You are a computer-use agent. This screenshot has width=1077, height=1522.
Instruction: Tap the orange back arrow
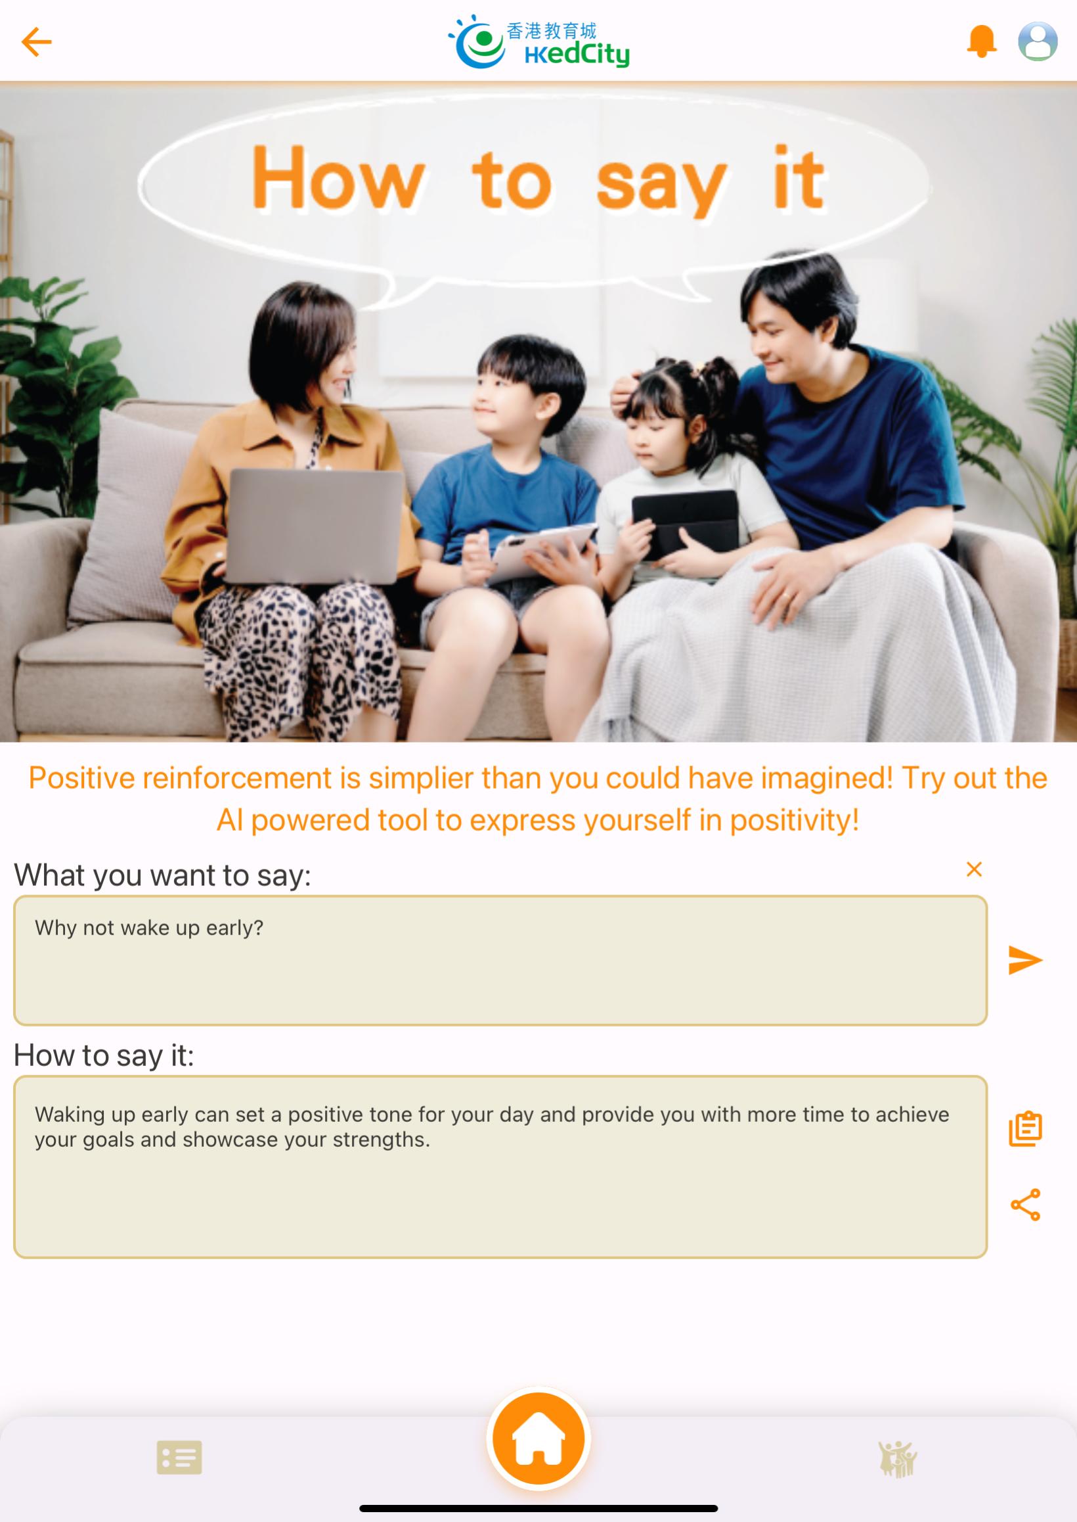[x=37, y=42]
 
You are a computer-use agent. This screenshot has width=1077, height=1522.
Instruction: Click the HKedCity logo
[x=538, y=41]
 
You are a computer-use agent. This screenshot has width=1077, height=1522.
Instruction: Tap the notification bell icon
[x=982, y=41]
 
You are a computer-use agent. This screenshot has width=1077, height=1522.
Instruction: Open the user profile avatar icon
[x=1038, y=41]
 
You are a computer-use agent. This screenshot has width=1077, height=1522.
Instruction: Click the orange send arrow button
[x=1025, y=960]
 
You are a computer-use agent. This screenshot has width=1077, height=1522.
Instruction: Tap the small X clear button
[x=974, y=869]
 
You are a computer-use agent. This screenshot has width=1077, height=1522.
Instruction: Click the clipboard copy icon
[x=1026, y=1128]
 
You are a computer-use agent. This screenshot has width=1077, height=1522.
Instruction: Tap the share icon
[x=1026, y=1205]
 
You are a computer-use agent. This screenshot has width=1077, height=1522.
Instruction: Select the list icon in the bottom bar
[x=179, y=1458]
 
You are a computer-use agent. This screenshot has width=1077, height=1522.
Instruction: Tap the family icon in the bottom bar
[x=897, y=1459]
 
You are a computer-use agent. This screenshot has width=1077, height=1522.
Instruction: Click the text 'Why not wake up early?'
[x=149, y=927]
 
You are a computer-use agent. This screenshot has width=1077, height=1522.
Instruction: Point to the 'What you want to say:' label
[x=162, y=875]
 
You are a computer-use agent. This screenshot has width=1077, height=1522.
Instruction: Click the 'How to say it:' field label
[x=104, y=1055]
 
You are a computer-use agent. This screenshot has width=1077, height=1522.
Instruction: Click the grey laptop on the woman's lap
[x=315, y=526]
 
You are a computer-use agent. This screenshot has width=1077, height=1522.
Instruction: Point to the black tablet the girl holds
[x=685, y=524]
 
